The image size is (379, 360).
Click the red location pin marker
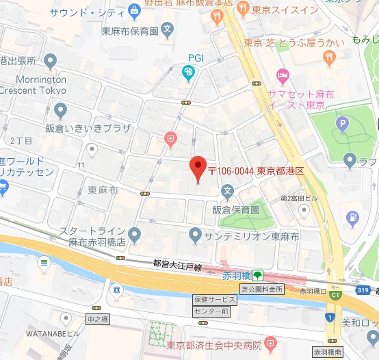(x=197, y=167)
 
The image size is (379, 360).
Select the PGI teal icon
(x=188, y=73)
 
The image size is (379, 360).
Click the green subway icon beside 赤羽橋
(x=257, y=276)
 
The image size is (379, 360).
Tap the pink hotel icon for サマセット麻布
(x=280, y=74)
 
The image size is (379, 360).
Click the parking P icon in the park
(x=341, y=124)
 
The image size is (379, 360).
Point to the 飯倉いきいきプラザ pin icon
(x=60, y=110)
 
